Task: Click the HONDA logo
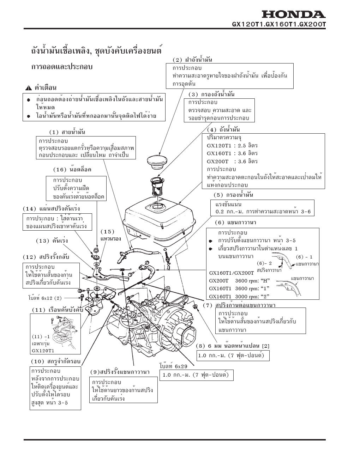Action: pyautogui.click(x=293, y=14)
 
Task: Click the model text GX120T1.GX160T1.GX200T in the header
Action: pyautogui.click(x=279, y=25)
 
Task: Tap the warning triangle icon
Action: pyautogui.click(x=28, y=88)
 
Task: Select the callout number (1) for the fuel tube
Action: pyautogui.click(x=54, y=132)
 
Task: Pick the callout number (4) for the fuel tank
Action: pyautogui.click(x=212, y=130)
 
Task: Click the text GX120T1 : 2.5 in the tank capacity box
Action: pyautogui.click(x=229, y=145)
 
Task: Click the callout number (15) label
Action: pyautogui.click(x=108, y=231)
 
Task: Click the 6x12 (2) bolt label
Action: pyautogui.click(x=45, y=298)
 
